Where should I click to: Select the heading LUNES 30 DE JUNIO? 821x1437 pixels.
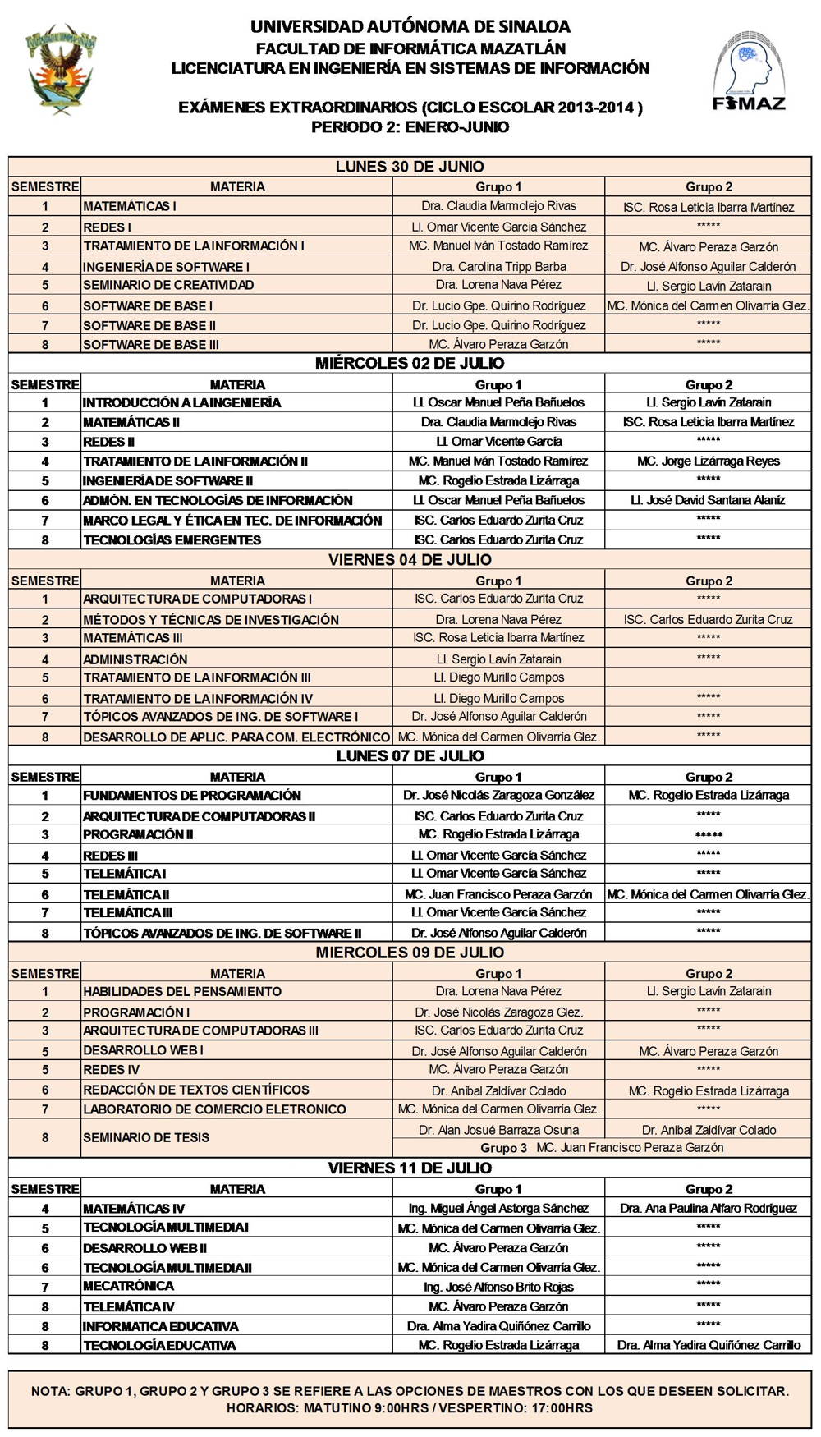(x=410, y=167)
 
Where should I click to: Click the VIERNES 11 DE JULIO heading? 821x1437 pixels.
(x=410, y=1168)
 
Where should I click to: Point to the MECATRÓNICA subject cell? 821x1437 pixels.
(x=129, y=1286)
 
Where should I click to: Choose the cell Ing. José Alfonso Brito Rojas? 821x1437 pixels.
(x=498, y=1287)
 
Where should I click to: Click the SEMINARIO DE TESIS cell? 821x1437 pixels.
(x=146, y=1137)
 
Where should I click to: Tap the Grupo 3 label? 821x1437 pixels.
(x=503, y=1148)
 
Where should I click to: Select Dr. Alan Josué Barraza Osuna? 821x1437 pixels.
(x=498, y=1130)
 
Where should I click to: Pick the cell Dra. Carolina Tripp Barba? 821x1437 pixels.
(x=499, y=266)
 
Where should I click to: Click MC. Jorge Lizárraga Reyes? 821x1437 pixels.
(x=709, y=461)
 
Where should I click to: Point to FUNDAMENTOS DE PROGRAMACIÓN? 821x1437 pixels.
(x=192, y=795)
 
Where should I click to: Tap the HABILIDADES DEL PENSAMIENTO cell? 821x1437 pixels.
(x=182, y=991)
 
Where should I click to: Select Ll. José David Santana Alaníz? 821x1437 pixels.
(x=709, y=500)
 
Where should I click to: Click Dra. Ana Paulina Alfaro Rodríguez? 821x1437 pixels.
(x=709, y=1208)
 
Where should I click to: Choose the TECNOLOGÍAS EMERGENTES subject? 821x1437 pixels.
(x=172, y=539)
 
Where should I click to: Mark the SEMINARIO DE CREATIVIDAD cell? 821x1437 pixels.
(x=168, y=285)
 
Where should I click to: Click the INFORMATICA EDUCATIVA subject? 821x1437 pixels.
(x=161, y=1326)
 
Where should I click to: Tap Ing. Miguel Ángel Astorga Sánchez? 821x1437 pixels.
(x=498, y=1208)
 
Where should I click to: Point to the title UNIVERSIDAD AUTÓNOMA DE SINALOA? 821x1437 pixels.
(x=410, y=27)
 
